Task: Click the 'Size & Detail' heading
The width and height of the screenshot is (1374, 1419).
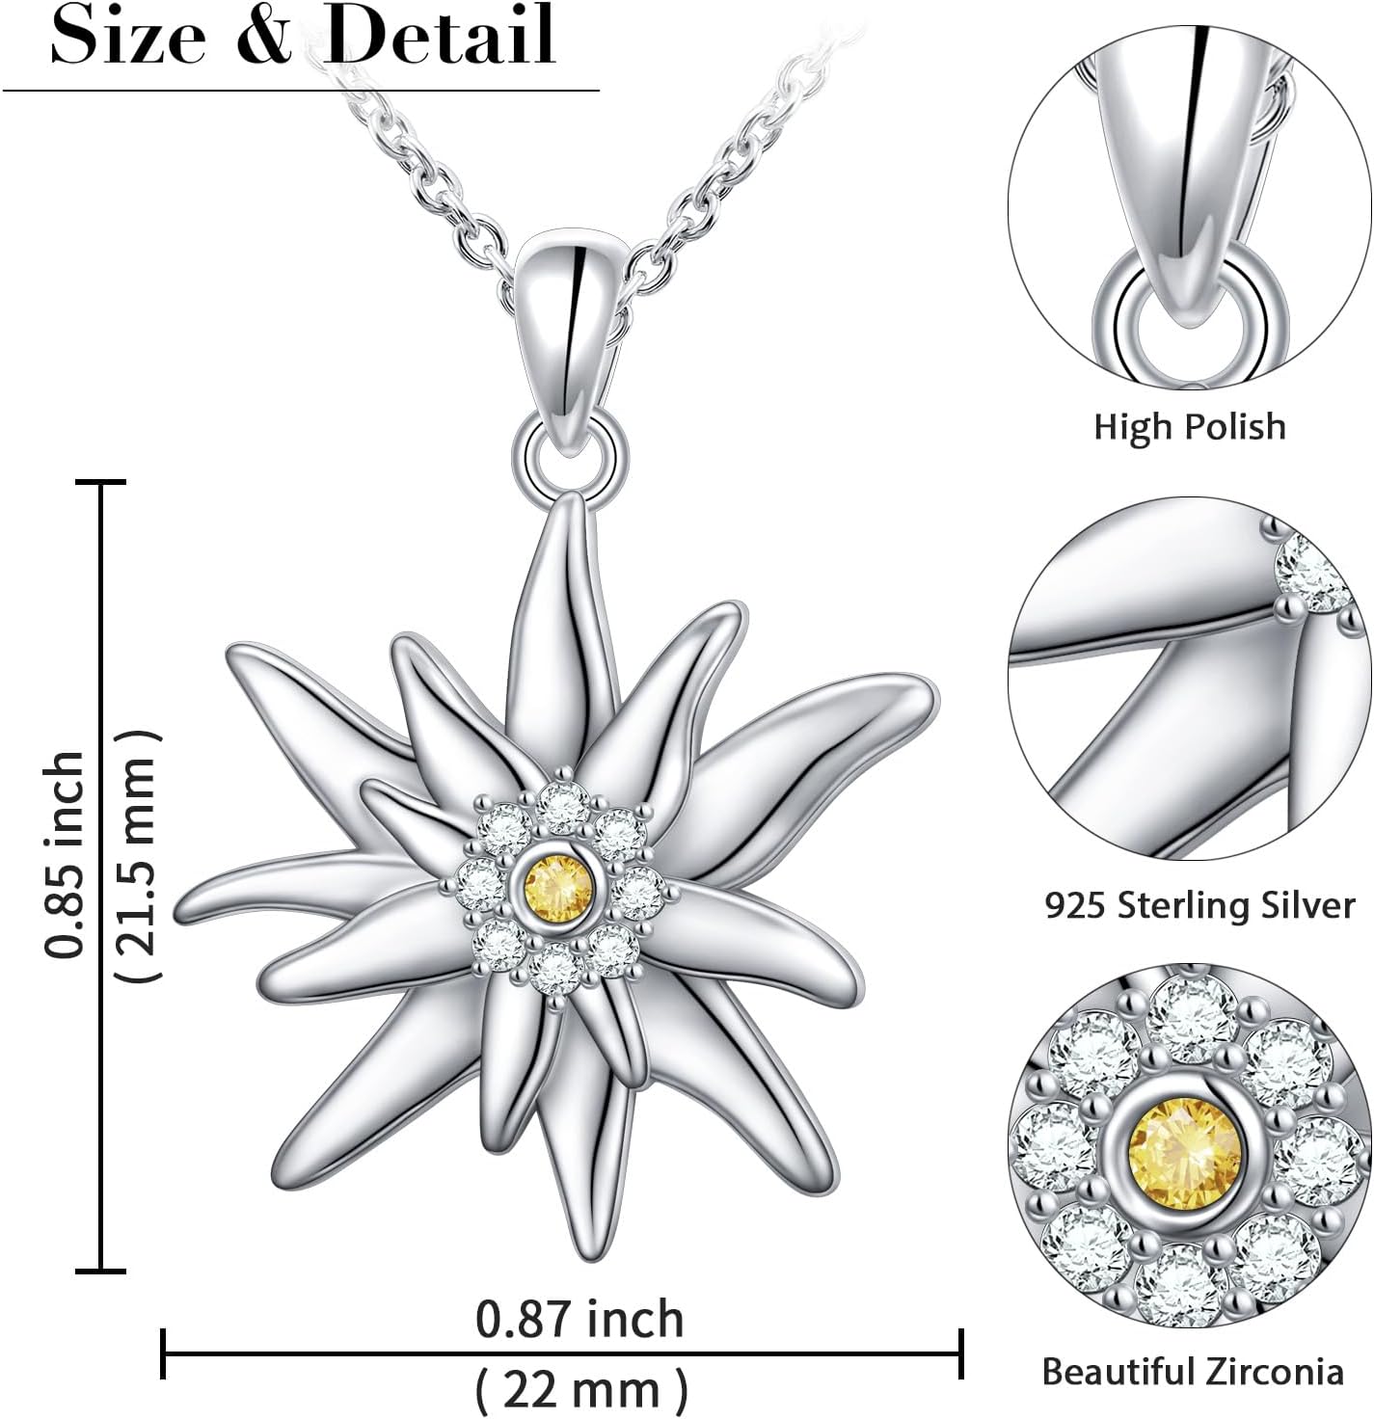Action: pos(303,35)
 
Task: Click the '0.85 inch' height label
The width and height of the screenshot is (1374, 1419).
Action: pos(66,855)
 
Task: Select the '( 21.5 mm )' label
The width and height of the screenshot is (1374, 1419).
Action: pos(136,855)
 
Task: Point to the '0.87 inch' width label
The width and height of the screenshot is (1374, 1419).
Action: pos(579,1319)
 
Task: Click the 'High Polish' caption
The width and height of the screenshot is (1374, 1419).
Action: pos(1189,425)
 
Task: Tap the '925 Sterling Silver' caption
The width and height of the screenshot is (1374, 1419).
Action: pos(1199,904)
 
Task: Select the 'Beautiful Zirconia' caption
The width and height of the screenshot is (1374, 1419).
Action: pos(1193,1370)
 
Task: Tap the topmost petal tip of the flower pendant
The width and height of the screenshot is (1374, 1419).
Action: pos(573,501)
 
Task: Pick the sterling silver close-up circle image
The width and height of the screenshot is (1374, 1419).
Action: pos(1190,679)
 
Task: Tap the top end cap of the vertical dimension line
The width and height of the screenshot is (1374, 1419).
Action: pos(101,481)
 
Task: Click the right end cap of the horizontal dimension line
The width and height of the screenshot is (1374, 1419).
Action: pos(961,1353)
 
